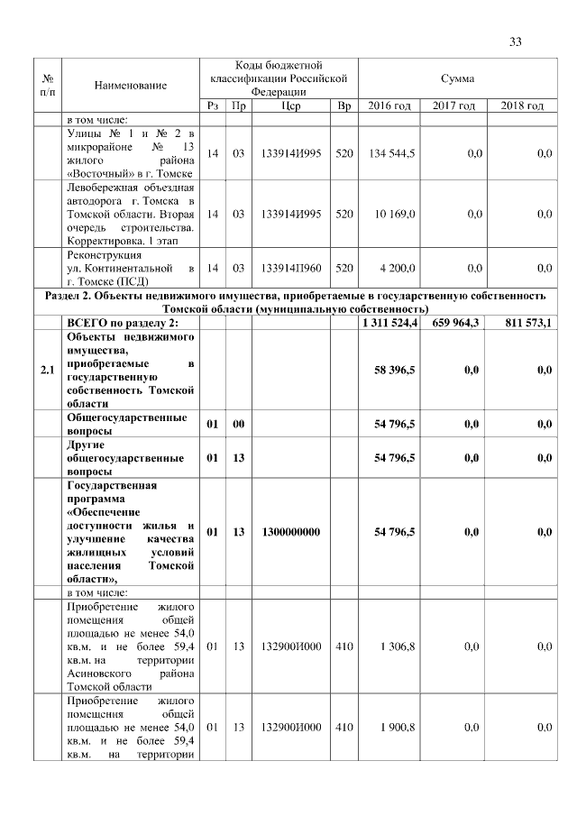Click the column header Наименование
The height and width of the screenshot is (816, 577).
131,85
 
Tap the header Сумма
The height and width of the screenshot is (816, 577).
457,78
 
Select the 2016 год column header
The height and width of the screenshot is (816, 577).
389,106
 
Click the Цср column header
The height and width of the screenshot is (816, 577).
290,106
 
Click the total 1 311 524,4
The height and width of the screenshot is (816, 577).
389,323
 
